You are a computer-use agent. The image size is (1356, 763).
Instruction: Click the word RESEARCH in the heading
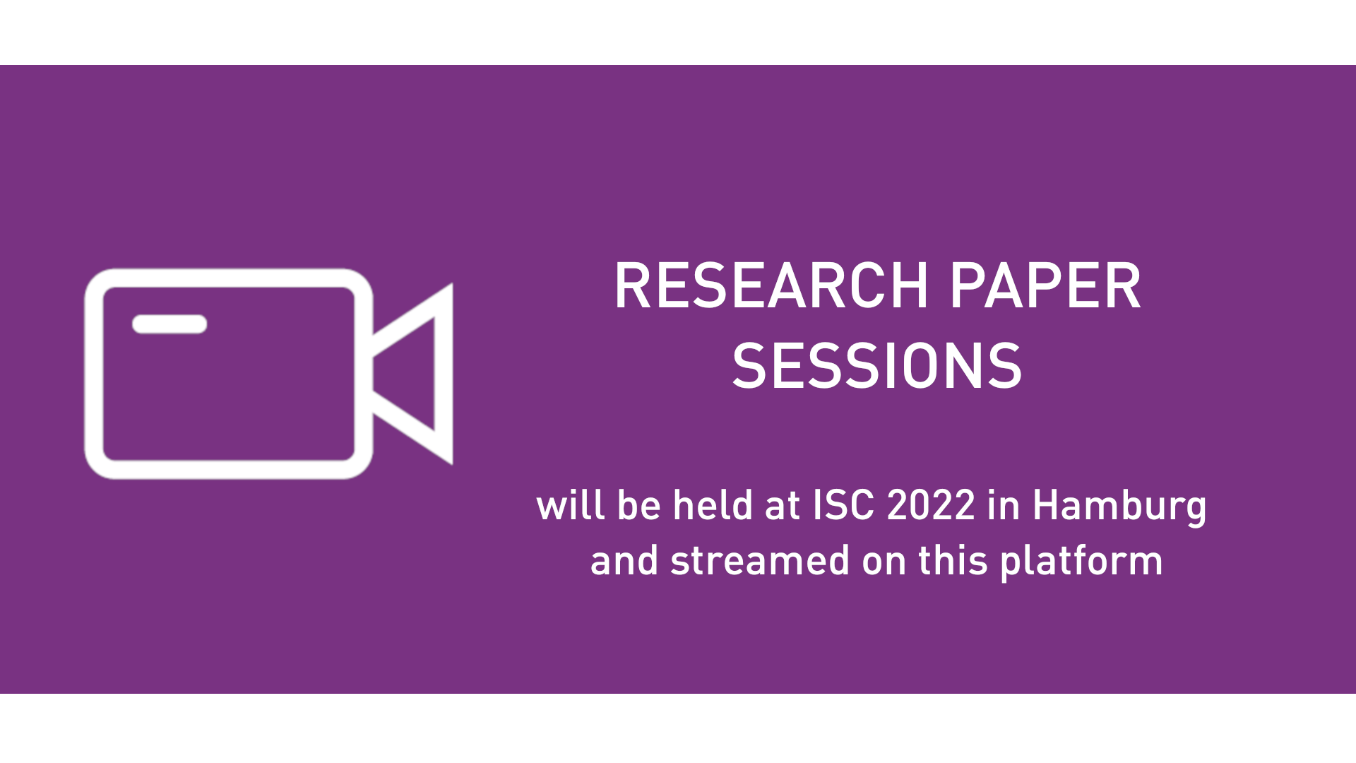pos(771,286)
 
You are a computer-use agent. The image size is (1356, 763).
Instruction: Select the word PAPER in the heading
pos(1045,286)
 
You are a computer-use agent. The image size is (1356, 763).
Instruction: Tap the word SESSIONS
pos(877,366)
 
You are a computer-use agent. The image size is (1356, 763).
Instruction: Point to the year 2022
pos(931,506)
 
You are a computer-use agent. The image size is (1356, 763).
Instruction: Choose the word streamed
pos(759,561)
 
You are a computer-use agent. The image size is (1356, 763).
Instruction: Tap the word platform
pos(1081,562)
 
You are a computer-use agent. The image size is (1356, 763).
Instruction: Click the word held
pos(713,506)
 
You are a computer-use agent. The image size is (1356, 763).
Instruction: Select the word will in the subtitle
pos(570,506)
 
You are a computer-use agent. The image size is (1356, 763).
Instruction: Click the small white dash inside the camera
pos(169,324)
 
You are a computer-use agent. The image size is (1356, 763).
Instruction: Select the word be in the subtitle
pos(639,506)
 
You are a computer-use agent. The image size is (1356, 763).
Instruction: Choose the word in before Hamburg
pos(1004,506)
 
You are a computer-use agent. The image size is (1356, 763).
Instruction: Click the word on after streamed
pos(885,562)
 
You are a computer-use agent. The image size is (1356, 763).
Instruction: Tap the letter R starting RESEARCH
pos(630,286)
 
